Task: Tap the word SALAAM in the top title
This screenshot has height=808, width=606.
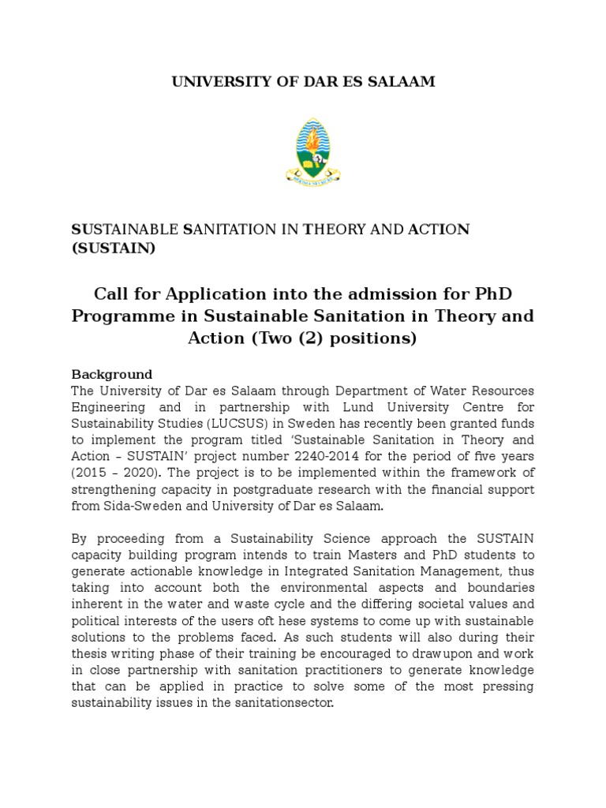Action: [x=405, y=82]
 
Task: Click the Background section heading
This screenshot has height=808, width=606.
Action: [x=111, y=374]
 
